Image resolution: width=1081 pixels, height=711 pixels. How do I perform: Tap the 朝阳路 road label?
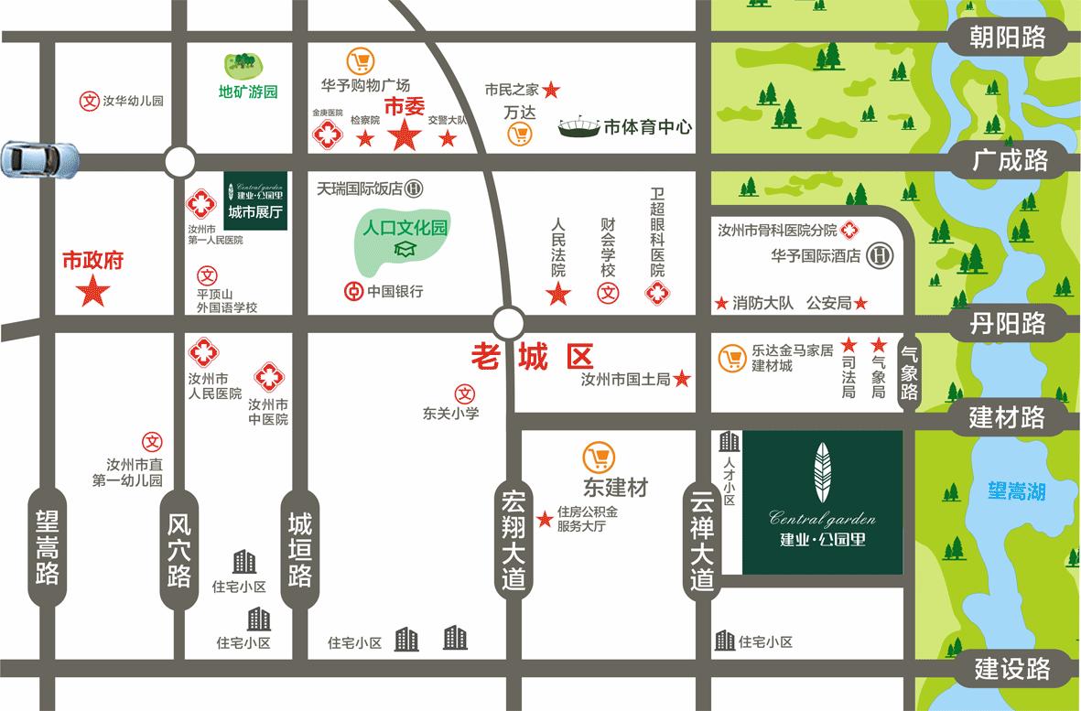1008,37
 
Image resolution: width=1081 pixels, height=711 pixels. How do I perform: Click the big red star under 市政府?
92,293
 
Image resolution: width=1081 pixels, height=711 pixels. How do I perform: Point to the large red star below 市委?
404,137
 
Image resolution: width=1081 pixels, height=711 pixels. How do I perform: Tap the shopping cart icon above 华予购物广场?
361,62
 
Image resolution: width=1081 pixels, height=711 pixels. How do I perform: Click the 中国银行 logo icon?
351,292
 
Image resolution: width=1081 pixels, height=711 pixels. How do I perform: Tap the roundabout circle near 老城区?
508,322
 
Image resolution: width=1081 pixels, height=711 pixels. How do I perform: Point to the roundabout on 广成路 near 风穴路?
180,162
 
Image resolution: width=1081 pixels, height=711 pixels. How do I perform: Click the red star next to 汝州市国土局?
682,379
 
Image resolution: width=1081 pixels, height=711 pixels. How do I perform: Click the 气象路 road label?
909,371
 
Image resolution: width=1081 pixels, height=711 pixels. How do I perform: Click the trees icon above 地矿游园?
243,65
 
